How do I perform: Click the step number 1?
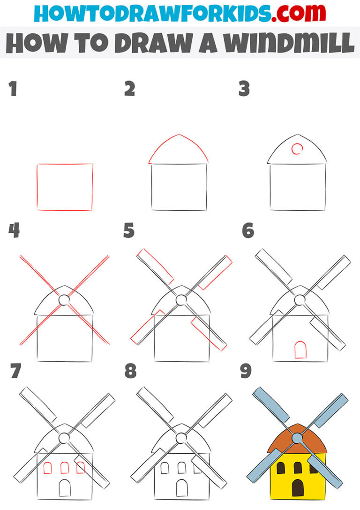pyautogui.click(x=13, y=89)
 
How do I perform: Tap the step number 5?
pyautogui.click(x=129, y=231)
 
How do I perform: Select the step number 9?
pyautogui.click(x=246, y=371)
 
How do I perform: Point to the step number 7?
pyautogui.click(x=15, y=371)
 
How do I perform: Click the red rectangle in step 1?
pyautogui.click(x=65, y=187)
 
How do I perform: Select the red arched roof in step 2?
pyautogui.click(x=179, y=148)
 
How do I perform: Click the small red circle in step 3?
pyautogui.click(x=297, y=149)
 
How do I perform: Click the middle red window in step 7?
pyautogui.click(x=65, y=467)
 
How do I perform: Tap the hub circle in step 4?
pyautogui.click(x=64, y=299)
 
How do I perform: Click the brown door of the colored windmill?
pyautogui.click(x=298, y=488)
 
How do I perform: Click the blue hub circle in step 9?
pyautogui.click(x=297, y=438)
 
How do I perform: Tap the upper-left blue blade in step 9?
pyautogui.click(x=271, y=404)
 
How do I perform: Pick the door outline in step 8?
pyautogui.click(x=181, y=488)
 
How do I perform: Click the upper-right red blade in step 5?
pyautogui.click(x=215, y=272)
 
